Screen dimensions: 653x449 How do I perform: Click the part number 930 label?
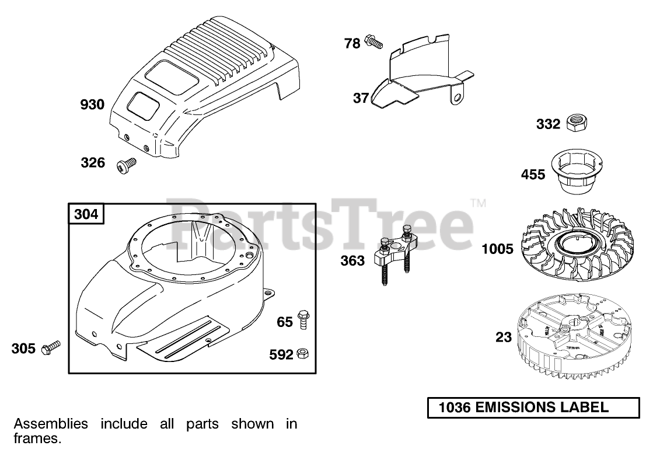pyautogui.click(x=92, y=105)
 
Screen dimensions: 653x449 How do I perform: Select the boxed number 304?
pyautogui.click(x=87, y=215)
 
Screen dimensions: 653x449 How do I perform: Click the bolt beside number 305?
pyautogui.click(x=51, y=349)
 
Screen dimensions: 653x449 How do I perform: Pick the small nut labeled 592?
pyautogui.click(x=303, y=353)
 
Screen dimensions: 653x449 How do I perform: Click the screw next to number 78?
pyautogui.click(x=372, y=42)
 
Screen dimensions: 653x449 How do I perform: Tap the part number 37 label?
pyautogui.click(x=361, y=98)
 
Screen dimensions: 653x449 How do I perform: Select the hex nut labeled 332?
pyautogui.click(x=577, y=123)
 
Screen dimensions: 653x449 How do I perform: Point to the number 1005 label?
pyautogui.click(x=497, y=249)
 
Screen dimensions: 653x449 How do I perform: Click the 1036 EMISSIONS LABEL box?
pyautogui.click(x=533, y=408)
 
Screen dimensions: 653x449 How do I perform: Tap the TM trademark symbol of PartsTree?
pyautogui.click(x=478, y=203)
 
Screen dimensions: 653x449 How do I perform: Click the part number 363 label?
pyautogui.click(x=352, y=261)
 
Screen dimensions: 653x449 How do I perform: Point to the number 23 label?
pyautogui.click(x=503, y=337)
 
